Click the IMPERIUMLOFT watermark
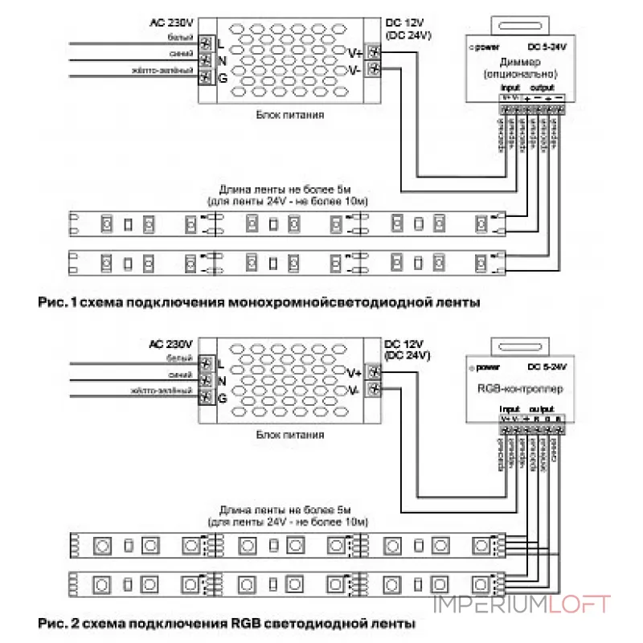coord(522,604)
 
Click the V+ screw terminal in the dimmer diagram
coord(374,51)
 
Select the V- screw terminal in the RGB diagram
coord(374,390)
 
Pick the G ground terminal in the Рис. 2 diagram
coord(206,398)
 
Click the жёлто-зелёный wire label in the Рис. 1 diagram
coord(164,72)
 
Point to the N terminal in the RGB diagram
coord(206,380)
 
